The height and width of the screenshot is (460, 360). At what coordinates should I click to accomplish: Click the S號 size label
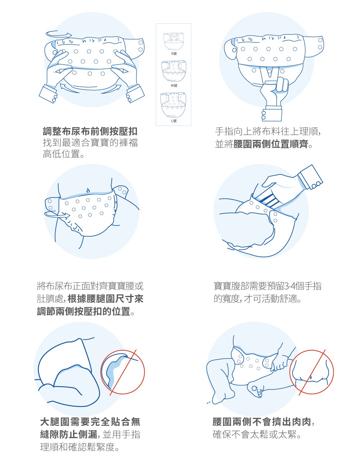[174, 54]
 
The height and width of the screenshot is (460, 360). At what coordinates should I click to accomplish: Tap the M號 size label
[174, 85]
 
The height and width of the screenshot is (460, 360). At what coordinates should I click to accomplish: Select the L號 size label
[174, 120]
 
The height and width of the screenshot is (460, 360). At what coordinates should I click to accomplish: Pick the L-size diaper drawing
[173, 104]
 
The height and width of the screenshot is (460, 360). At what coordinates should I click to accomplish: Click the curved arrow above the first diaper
[59, 35]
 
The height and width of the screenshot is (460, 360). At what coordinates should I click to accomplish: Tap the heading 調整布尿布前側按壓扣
[90, 131]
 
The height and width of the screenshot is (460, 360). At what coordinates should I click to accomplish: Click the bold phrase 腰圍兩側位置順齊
[271, 144]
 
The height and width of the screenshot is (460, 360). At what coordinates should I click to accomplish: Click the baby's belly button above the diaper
[88, 190]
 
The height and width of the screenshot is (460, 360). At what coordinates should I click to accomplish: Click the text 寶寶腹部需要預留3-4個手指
[267, 286]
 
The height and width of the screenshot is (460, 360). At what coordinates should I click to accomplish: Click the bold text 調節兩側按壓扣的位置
[84, 311]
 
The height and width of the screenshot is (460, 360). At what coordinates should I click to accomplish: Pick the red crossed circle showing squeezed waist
[311, 372]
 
